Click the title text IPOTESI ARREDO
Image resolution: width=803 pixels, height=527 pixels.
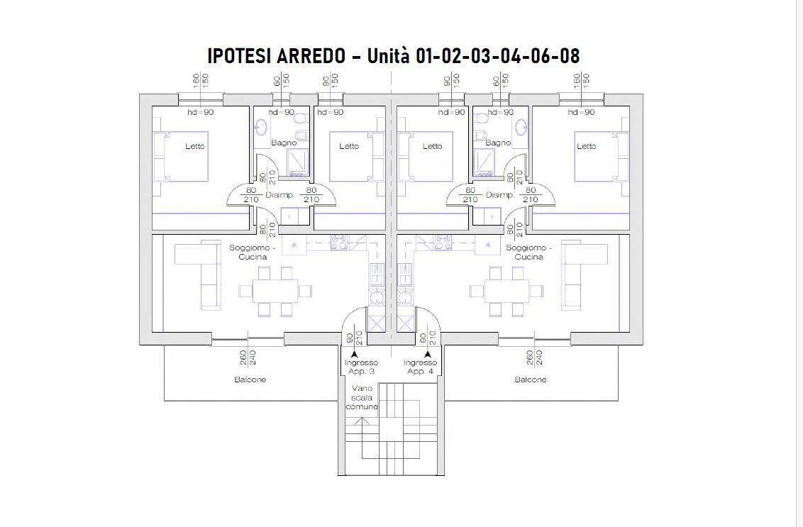(x=277, y=55)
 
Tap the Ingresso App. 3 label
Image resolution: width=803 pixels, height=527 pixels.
(x=361, y=367)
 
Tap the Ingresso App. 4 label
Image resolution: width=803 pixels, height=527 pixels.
(x=420, y=367)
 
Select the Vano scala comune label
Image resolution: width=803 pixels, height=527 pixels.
(x=362, y=397)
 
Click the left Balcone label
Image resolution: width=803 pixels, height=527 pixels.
(x=250, y=379)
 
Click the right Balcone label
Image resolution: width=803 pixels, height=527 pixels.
(x=531, y=379)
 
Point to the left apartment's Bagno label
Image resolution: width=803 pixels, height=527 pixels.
(x=284, y=143)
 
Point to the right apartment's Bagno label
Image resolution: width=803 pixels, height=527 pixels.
(x=498, y=143)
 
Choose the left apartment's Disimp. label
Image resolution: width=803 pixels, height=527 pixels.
(x=279, y=195)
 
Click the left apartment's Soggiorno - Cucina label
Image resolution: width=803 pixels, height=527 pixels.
(x=253, y=252)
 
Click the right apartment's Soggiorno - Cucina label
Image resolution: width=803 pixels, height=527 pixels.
(x=529, y=252)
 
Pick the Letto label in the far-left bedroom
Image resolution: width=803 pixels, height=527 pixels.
(x=194, y=146)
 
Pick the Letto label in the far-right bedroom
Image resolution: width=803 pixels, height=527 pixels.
(x=587, y=146)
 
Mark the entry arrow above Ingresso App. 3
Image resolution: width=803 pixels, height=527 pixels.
(x=355, y=353)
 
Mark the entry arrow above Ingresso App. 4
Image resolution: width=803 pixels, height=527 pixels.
(x=428, y=353)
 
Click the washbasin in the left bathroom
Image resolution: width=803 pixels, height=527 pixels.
(x=261, y=125)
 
